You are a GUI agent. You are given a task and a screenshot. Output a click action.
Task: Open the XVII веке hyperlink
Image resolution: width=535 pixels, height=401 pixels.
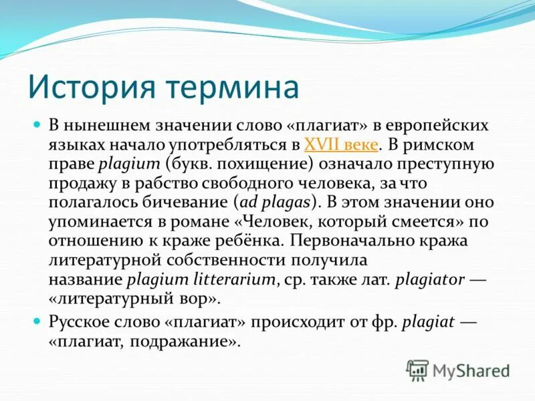(x=342, y=144)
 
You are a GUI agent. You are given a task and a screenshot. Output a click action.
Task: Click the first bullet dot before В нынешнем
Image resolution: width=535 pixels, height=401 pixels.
(x=38, y=125)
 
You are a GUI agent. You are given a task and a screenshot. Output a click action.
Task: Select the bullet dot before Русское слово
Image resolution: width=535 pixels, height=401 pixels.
(x=38, y=321)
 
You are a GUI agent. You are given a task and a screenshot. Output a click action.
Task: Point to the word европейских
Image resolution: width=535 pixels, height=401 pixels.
(x=435, y=126)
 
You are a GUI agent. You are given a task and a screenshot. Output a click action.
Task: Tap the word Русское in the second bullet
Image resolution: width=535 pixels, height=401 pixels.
(x=80, y=321)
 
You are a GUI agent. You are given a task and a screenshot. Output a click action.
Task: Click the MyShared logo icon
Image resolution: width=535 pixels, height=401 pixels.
(x=418, y=369)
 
